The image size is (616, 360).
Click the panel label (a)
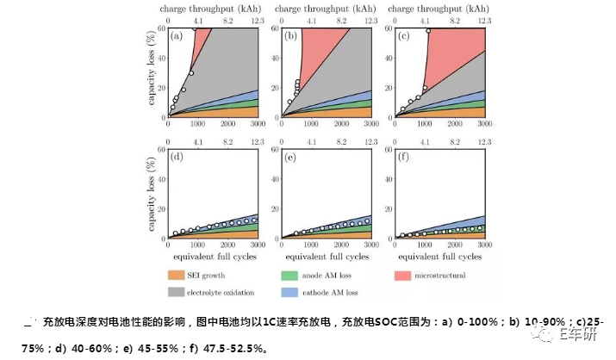click(x=177, y=37)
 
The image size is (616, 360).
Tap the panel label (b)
click(x=291, y=37)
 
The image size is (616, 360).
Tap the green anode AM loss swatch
click(x=290, y=276)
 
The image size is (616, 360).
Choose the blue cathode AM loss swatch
click(x=290, y=291)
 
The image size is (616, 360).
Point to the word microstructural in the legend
click(x=439, y=276)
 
